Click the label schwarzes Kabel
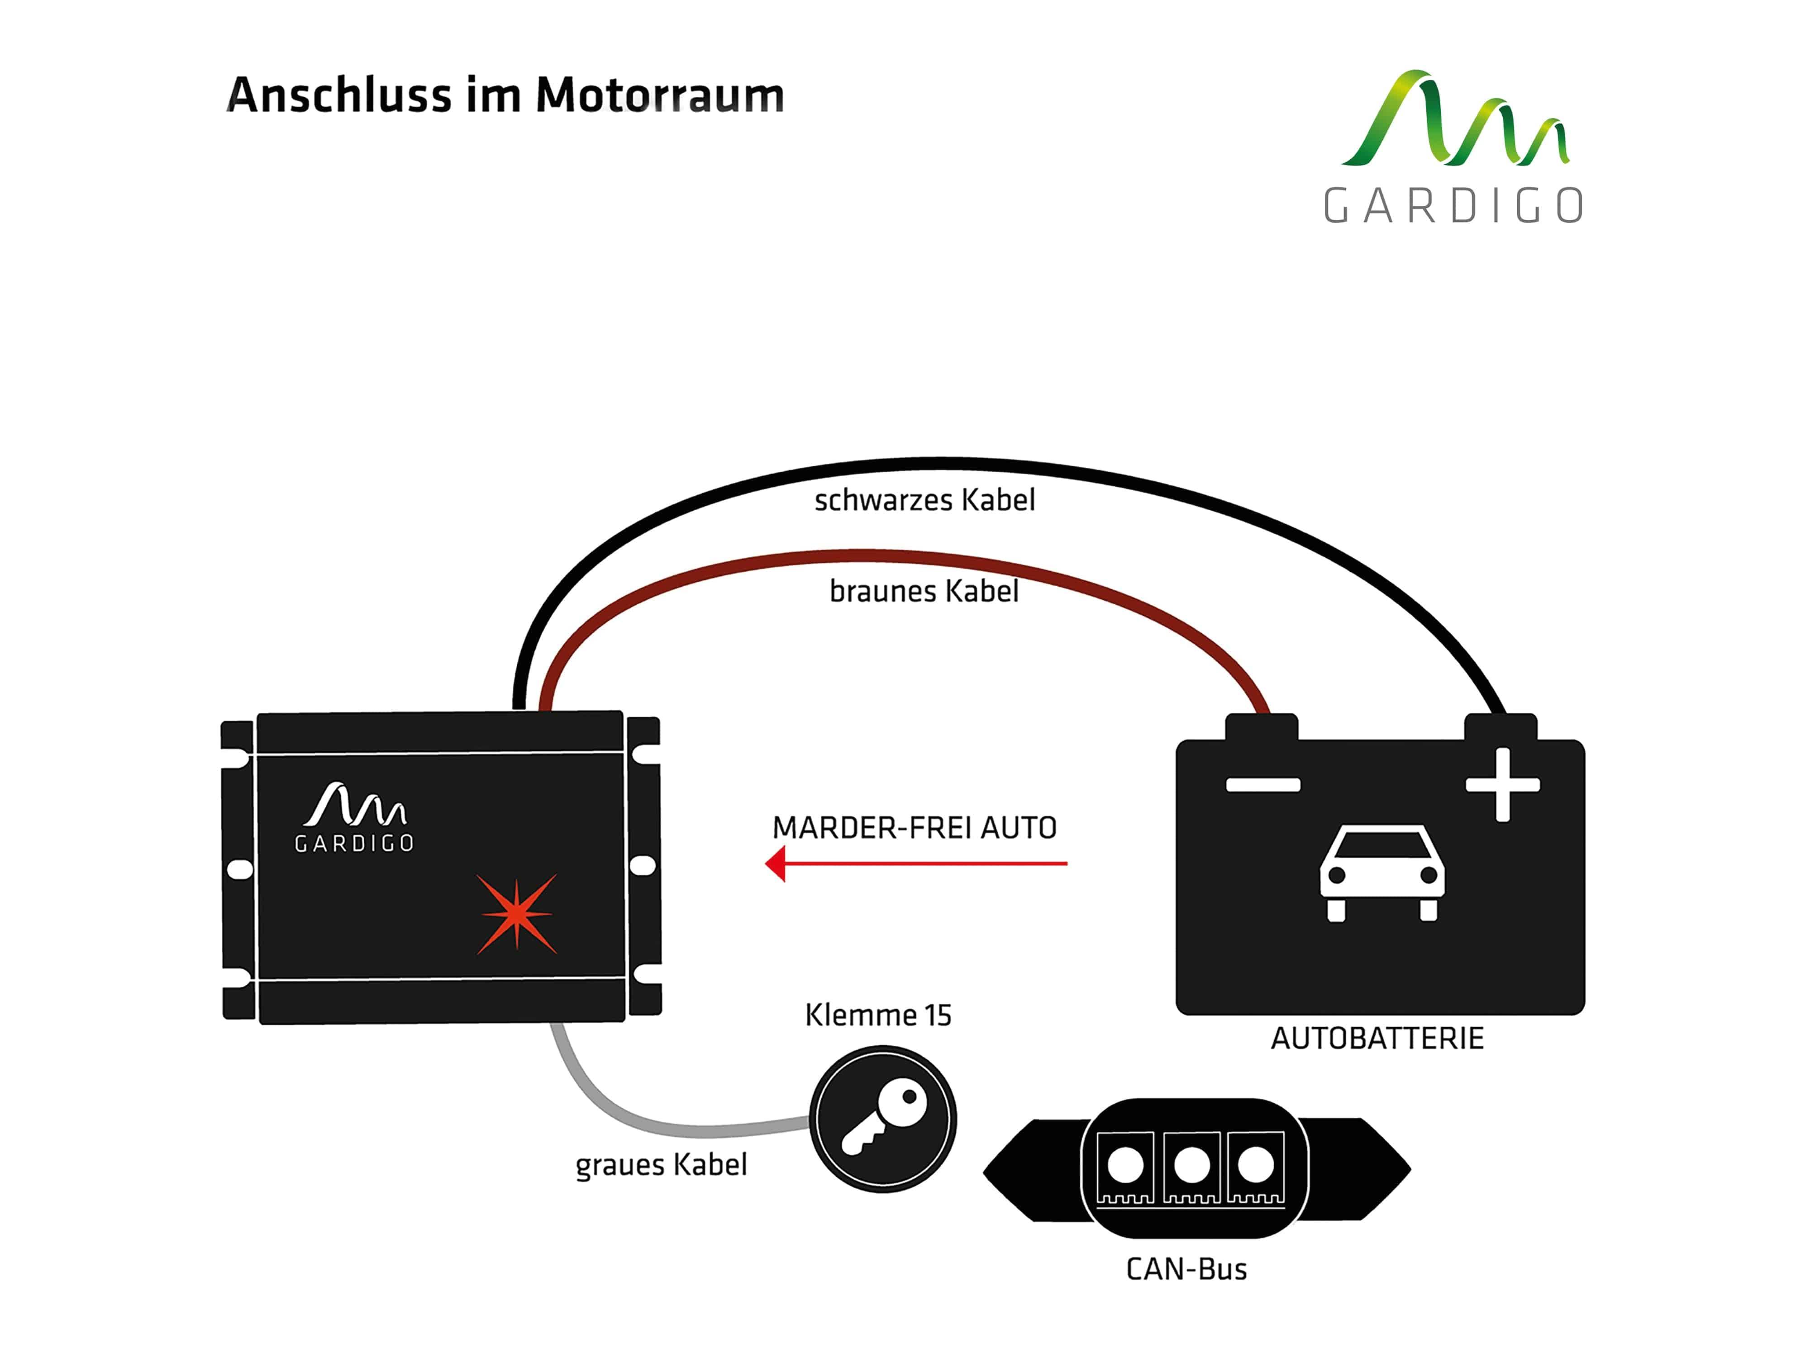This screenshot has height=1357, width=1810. click(924, 500)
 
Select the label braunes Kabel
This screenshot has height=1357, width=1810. click(924, 591)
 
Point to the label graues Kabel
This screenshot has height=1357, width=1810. click(661, 1165)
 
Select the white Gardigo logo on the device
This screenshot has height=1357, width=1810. click(354, 817)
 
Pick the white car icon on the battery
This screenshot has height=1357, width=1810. click(1382, 873)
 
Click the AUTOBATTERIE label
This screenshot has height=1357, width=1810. click(1377, 1039)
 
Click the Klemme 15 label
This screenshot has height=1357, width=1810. click(878, 1015)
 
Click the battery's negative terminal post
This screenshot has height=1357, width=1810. click(1261, 726)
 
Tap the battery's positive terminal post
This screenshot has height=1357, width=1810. click(1500, 726)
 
